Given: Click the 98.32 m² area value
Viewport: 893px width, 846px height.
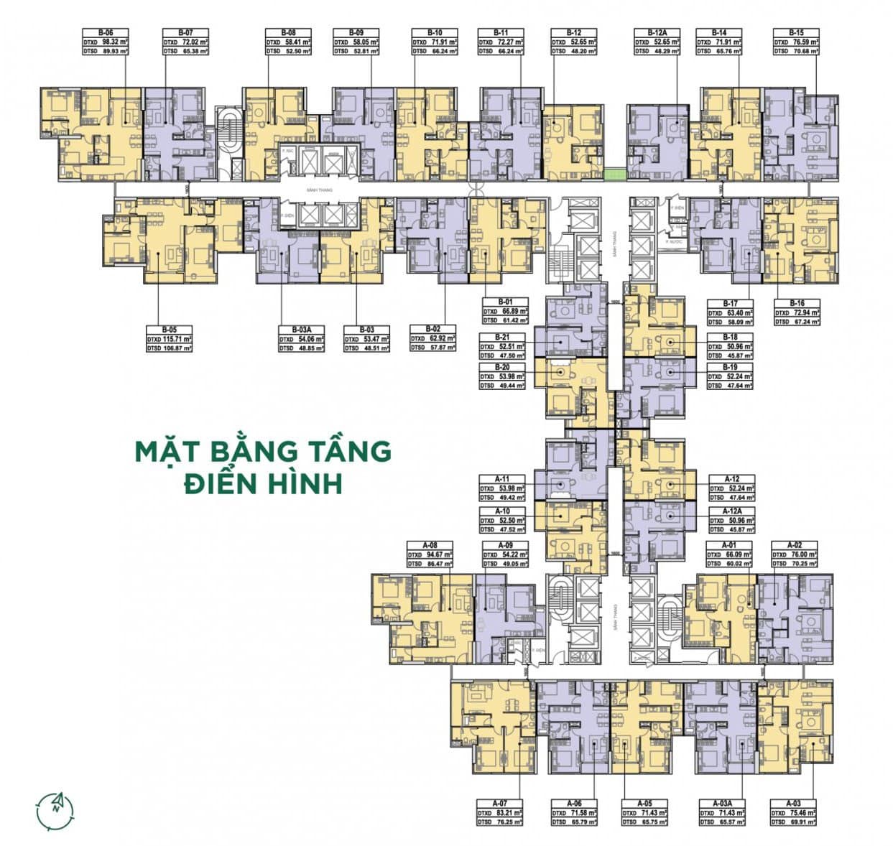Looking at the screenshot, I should tap(110, 42).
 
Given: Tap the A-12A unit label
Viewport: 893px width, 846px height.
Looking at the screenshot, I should tap(731, 510).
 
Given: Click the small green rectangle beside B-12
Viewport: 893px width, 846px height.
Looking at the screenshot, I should tap(614, 173).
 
